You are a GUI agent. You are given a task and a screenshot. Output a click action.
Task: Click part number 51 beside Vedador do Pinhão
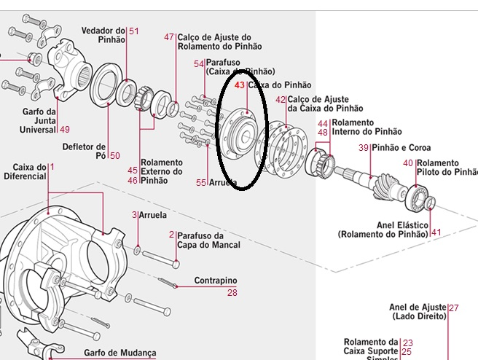(134, 31)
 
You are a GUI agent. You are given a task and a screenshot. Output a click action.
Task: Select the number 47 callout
(170, 37)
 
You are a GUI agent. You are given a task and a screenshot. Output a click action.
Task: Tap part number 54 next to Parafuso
(199, 63)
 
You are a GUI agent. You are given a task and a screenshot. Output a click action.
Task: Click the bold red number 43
(240, 85)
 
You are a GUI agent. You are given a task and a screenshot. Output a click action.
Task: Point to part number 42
(281, 99)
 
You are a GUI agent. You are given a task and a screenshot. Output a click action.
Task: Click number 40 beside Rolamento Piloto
(407, 163)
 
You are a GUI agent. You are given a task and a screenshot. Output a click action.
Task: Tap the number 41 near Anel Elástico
(436, 232)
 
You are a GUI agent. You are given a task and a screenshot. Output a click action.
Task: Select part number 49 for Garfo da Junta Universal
(65, 130)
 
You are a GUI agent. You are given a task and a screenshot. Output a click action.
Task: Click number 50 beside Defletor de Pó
(114, 155)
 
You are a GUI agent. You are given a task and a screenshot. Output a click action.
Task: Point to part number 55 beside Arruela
(201, 182)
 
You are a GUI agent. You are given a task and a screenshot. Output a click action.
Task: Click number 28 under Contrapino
(232, 293)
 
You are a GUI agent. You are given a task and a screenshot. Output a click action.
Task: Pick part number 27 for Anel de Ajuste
(454, 308)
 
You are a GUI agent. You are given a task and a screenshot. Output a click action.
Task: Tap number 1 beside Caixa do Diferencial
(52, 167)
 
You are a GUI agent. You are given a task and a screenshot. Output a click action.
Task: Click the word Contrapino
(216, 281)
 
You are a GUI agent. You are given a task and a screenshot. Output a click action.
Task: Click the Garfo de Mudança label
(119, 353)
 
